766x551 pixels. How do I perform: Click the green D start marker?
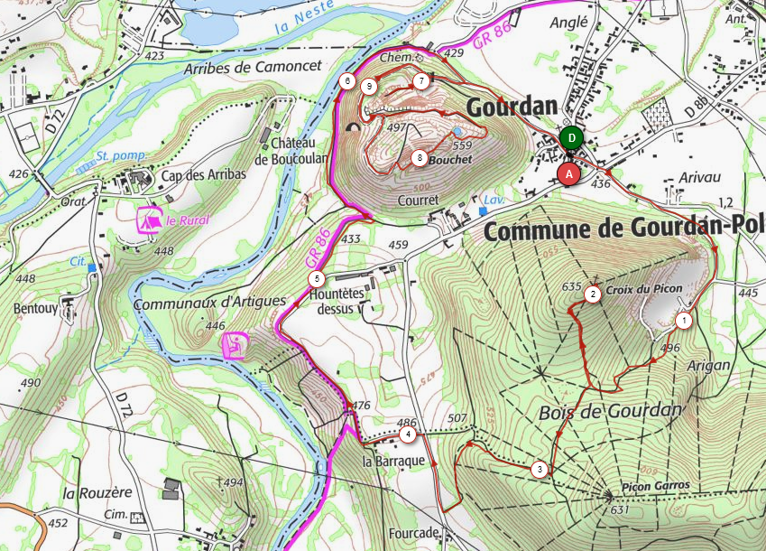(570, 138)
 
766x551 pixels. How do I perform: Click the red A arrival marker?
(568, 173)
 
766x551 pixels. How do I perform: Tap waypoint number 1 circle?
(683, 320)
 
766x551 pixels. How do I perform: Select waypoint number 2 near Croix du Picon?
(593, 294)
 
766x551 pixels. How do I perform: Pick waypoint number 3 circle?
(539, 469)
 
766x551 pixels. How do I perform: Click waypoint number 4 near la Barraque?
(409, 434)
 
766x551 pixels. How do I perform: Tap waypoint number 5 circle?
(316, 278)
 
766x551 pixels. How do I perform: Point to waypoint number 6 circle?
(347, 80)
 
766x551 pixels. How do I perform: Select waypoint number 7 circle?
(421, 81)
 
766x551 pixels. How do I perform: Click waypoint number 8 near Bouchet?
(420, 158)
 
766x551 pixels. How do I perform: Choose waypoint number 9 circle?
(369, 87)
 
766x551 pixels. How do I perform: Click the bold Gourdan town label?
(512, 107)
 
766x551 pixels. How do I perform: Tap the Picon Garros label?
(655, 485)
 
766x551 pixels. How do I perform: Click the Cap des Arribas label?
(205, 174)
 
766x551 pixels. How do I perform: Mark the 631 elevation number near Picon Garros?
(619, 510)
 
